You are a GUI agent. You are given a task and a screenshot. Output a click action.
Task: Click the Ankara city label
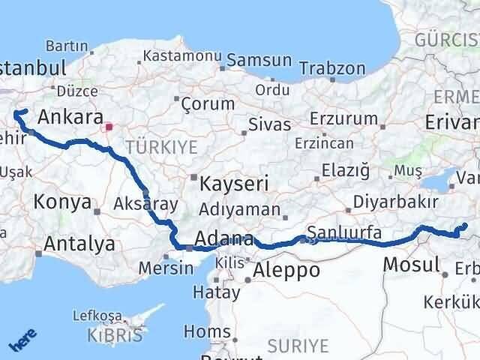click(70, 117)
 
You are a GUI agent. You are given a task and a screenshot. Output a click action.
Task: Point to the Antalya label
click(79, 244)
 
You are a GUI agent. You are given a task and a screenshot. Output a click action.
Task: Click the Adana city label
click(223, 240)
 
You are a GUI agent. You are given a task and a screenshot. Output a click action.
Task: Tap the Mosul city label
click(411, 264)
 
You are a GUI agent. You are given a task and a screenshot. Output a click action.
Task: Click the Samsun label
click(259, 60)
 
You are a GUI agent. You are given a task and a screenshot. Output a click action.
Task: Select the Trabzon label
click(331, 68)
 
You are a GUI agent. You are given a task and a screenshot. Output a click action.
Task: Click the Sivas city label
click(270, 124)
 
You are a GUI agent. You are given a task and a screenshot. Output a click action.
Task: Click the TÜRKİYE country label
click(160, 145)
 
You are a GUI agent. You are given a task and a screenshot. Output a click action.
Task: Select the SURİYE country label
click(298, 345)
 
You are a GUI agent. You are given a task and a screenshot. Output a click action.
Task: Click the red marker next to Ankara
click(109, 127)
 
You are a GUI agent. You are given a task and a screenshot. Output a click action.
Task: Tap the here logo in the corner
click(22, 343)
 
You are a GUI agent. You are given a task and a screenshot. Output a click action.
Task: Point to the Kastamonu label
click(182, 56)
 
